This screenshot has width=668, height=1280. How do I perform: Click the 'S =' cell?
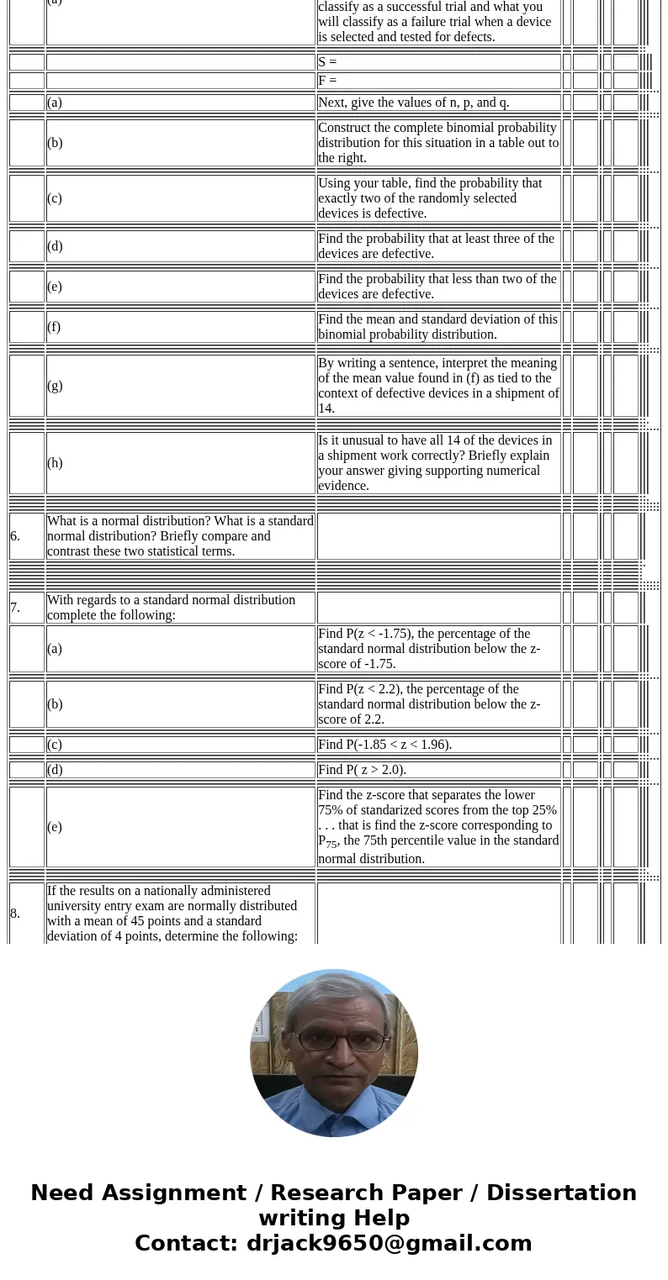327,62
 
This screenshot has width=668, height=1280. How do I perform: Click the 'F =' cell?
327,81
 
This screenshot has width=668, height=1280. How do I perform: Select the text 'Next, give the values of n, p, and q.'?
413,103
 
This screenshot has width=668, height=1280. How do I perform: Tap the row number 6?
15,536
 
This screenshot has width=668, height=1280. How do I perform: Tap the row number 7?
15,608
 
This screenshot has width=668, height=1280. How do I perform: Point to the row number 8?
15,914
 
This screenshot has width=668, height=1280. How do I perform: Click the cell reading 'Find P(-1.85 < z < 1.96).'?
384,745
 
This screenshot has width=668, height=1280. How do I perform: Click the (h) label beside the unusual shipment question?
55,463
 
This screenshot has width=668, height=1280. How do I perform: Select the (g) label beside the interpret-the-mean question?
55,386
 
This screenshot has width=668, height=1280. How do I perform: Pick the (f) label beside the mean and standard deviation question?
54,327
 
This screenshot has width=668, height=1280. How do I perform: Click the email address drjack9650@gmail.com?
389,1243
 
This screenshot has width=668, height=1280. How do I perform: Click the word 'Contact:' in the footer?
186,1243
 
